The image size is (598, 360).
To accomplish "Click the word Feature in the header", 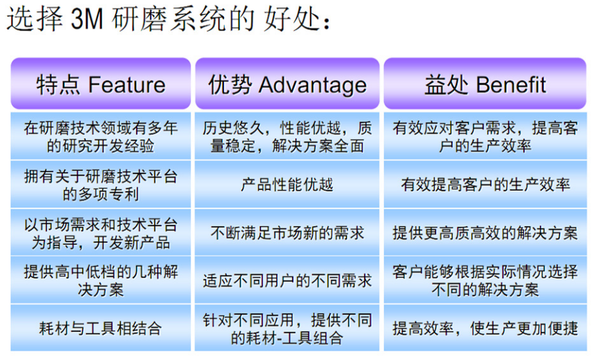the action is [x=127, y=85].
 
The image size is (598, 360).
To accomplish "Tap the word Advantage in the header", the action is [x=313, y=85].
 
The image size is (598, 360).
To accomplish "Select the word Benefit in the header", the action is [x=511, y=85].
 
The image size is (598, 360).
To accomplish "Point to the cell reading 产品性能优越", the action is [x=287, y=184].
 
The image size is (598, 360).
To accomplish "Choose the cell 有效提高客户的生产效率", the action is [x=485, y=184].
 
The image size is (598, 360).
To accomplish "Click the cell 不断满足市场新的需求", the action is [x=287, y=233].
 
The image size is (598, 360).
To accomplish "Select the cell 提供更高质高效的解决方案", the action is [x=485, y=233].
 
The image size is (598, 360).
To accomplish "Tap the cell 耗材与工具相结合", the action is [x=100, y=328].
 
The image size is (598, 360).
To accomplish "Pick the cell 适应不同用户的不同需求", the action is [x=287, y=281].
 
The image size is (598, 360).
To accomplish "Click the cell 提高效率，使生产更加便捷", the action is [x=485, y=328].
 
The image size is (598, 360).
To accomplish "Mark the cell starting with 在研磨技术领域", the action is [x=100, y=137].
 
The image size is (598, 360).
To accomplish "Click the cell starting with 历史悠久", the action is [x=287, y=137].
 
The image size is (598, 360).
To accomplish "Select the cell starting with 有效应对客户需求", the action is [x=485, y=137].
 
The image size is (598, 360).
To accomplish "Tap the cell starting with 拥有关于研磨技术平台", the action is [x=100, y=185].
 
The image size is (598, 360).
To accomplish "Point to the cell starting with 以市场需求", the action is [x=100, y=233].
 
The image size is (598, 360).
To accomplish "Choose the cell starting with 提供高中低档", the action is [x=100, y=281].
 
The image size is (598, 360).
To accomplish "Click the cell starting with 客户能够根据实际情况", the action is [x=485, y=281].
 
